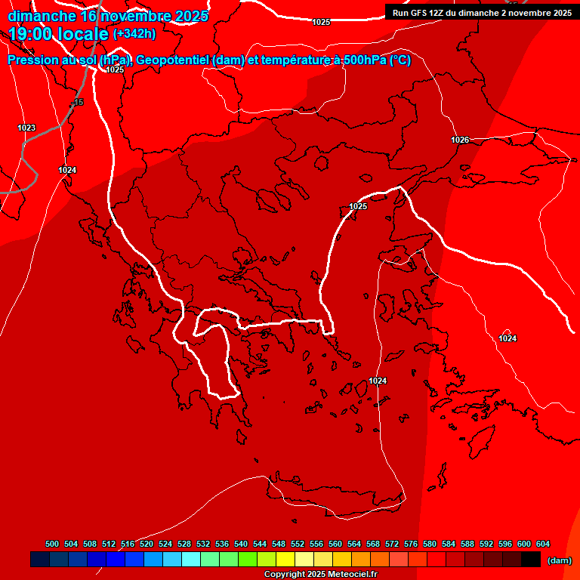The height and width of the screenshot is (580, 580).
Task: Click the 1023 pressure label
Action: click(26, 128)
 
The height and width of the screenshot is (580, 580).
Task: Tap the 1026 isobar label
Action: click(460, 140)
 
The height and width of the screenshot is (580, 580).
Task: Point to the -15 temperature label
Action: click(78, 102)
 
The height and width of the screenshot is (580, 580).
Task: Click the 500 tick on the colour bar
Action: click(52, 544)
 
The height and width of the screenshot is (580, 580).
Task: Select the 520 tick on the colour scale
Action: click(147, 544)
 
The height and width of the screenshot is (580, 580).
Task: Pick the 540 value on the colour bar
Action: click(241, 544)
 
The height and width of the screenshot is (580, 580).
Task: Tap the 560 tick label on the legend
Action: click(335, 544)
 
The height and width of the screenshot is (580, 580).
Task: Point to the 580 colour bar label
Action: click(430, 544)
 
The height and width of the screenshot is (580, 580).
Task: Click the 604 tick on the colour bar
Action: click(543, 544)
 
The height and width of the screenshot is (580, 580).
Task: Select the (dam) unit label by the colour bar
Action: click(559, 560)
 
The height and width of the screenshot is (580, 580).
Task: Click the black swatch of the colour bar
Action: click(531, 560)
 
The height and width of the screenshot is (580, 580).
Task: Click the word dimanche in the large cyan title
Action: click(42, 16)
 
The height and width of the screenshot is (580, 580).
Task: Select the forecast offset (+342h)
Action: click(134, 34)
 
